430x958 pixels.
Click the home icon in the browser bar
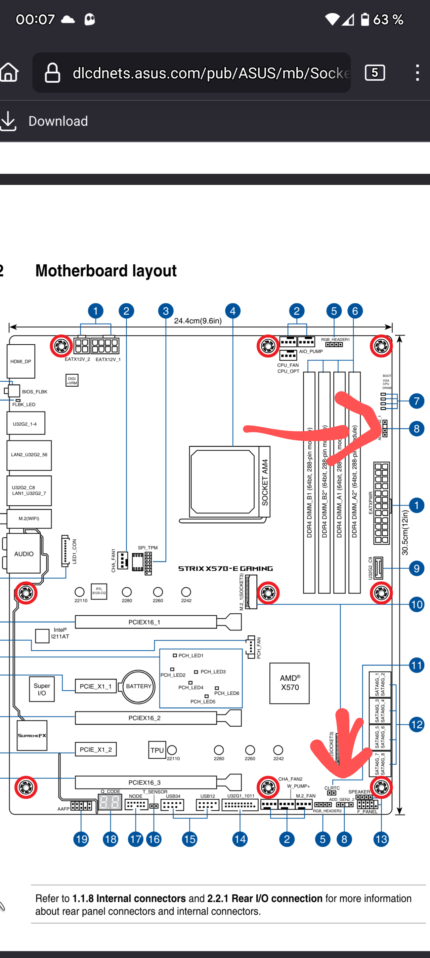tap(9, 73)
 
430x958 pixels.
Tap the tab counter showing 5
tap(375, 73)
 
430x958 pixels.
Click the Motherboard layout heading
tap(106, 271)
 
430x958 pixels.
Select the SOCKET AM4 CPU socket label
tap(265, 482)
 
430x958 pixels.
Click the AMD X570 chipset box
tap(290, 683)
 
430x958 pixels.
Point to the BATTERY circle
tap(138, 686)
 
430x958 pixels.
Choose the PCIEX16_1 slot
tap(145, 622)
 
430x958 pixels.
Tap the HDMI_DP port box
tap(21, 361)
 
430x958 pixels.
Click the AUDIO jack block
tap(24, 554)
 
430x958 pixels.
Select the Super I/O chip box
tap(42, 689)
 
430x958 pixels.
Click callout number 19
tap(81, 839)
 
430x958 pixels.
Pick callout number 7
tap(417, 401)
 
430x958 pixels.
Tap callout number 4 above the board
tap(233, 311)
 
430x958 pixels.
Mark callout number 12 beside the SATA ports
tap(417, 724)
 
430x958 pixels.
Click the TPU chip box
tap(157, 750)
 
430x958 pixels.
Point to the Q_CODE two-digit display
tap(110, 802)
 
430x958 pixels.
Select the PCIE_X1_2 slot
tap(95, 750)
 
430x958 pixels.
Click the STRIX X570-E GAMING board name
tap(225, 569)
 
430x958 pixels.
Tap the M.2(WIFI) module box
tap(29, 519)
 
